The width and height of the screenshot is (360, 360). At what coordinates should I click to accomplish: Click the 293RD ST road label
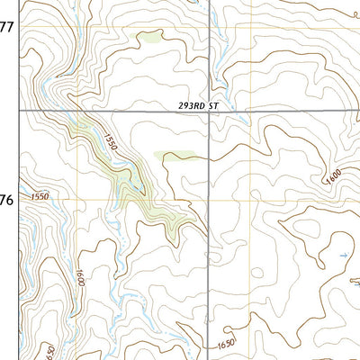[x=199, y=105]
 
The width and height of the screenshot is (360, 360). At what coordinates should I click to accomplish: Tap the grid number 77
[x=6, y=27]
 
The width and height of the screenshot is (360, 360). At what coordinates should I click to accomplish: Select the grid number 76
[x=6, y=200]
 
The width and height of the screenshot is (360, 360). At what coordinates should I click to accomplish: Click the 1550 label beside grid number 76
[x=40, y=196]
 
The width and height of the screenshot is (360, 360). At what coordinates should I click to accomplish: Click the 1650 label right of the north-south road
[x=226, y=343]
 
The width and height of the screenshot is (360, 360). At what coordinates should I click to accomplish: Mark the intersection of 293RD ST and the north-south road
[x=209, y=111]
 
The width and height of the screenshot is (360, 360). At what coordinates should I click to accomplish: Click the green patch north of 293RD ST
[x=148, y=38]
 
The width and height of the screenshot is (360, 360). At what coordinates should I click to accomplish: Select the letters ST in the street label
[x=214, y=105]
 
